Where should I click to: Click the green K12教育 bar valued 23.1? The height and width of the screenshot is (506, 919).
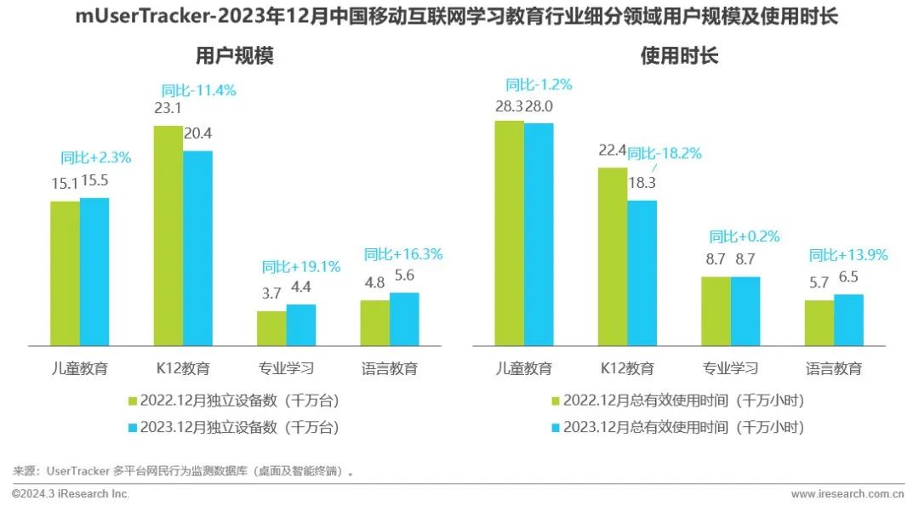coord(168,236)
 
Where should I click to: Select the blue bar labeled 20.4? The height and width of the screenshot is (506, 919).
coord(197,248)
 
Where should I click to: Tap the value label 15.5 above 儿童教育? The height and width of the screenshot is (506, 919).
coord(94,180)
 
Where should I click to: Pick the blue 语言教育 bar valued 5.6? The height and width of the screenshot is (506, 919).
coord(404,319)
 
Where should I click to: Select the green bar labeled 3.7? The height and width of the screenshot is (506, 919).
coord(271,328)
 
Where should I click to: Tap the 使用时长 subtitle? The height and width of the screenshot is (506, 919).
coord(679,57)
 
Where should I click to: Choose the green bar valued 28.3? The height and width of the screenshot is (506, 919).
coord(510,233)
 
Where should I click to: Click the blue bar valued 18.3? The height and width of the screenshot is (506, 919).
coord(642,273)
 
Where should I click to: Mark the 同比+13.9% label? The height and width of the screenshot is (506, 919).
coord(848,254)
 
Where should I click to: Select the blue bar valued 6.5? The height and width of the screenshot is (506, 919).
coord(848,320)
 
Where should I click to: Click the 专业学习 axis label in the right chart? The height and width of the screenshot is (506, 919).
coord(730,368)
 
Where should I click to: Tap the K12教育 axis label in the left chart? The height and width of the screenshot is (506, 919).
coord(183,368)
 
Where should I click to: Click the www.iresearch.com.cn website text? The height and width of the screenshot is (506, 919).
coord(847,494)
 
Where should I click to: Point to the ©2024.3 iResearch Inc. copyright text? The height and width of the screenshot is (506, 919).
coord(71,494)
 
